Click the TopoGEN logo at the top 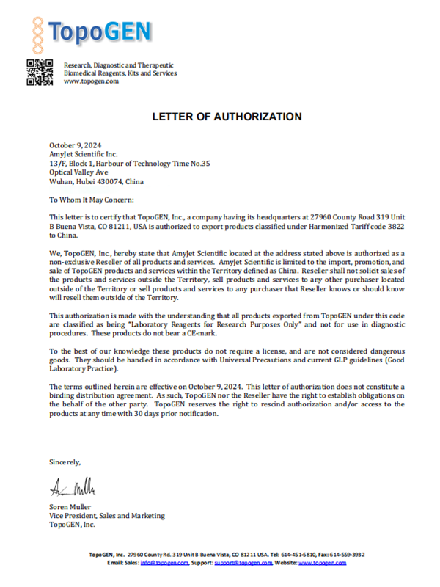91,31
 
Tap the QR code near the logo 40,72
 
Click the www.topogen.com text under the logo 91,81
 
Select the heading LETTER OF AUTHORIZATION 227,117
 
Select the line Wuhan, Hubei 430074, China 96,181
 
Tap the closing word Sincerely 65,462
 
